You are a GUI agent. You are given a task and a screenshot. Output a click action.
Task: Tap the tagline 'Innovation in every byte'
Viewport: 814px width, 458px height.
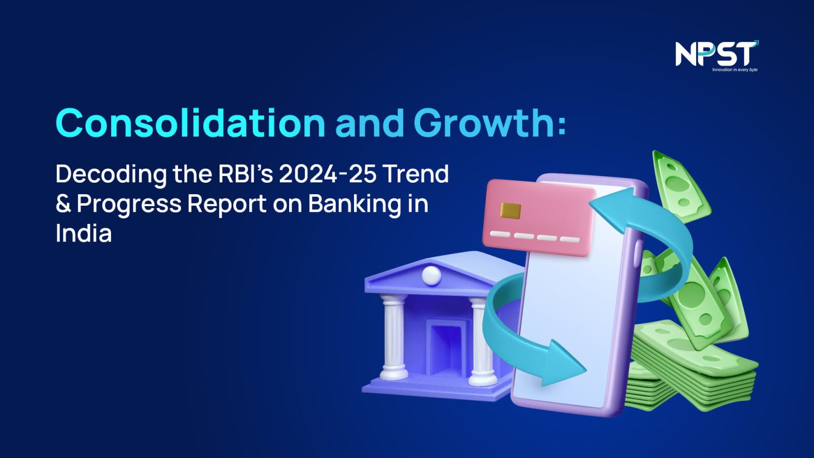tap(735, 70)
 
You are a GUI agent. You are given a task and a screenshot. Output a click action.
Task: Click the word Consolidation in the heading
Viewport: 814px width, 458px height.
tap(191, 123)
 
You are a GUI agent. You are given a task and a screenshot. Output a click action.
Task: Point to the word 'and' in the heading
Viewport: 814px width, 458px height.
tap(370, 124)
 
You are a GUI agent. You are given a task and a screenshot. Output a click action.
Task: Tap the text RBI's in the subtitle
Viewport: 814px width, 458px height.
tap(245, 174)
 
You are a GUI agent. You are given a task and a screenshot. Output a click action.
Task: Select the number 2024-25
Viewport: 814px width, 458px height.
tap(328, 174)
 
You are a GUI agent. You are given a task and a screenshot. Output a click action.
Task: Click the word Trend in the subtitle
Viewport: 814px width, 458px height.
tap(416, 174)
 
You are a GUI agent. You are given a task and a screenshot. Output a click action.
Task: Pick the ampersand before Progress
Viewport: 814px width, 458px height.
tap(63, 204)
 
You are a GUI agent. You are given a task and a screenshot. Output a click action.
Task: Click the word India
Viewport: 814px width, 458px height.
tap(84, 233)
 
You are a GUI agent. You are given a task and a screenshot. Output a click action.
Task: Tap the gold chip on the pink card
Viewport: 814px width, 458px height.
tap(511, 210)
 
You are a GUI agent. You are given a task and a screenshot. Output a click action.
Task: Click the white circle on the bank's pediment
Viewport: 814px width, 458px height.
tap(432, 275)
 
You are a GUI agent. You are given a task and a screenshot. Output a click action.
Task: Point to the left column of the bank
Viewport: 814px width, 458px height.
tap(394, 338)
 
